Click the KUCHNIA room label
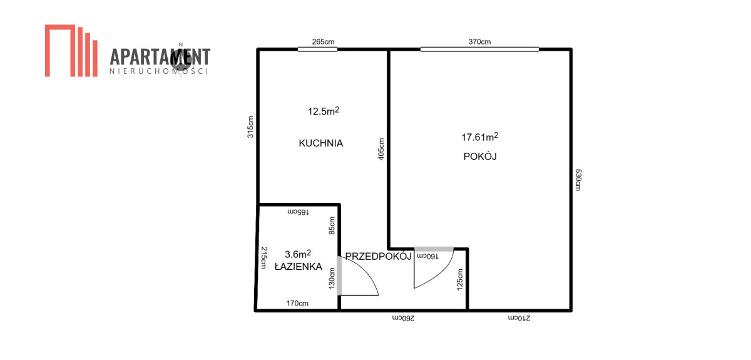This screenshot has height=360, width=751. click(x=321, y=143)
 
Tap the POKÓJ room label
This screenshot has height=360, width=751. click(x=480, y=157)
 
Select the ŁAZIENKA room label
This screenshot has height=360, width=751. click(x=299, y=266)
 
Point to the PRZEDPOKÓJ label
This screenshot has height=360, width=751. click(x=379, y=256)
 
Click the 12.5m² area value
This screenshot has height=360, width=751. click(x=324, y=111)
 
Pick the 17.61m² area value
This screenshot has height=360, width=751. click(x=480, y=136)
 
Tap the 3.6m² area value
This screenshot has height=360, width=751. click(x=298, y=254)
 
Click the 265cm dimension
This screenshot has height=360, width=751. click(x=323, y=41)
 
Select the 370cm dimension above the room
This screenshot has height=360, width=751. click(x=479, y=41)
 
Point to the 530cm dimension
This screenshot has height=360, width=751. click(x=578, y=180)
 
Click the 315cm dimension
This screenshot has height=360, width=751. click(x=250, y=127)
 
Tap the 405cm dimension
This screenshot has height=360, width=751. click(x=381, y=149)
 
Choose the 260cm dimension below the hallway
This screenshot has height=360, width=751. click(x=403, y=318)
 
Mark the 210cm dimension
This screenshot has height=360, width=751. click(x=519, y=318)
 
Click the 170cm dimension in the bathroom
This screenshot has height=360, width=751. click(x=297, y=303)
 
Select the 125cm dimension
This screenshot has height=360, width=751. click(x=459, y=279)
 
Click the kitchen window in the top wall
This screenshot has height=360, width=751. click(x=317, y=49)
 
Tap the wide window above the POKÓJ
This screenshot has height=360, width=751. click(x=480, y=49)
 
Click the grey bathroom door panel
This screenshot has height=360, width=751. click(x=339, y=275)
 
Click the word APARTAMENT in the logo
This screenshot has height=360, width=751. click(x=160, y=57)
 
